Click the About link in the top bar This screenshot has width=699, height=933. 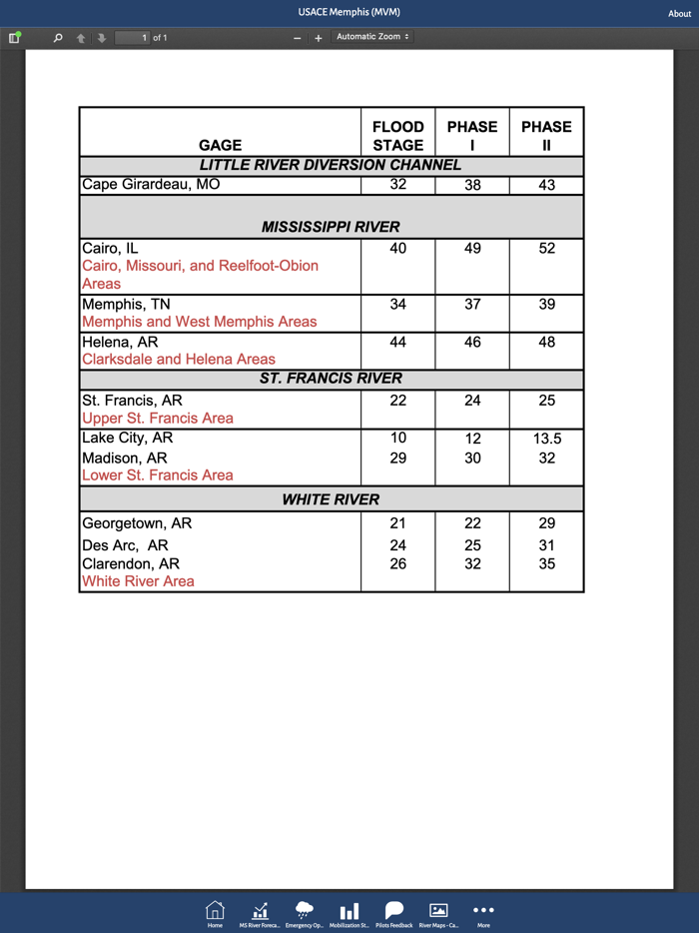coord(679,14)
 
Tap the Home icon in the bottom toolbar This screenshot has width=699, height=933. coord(215,911)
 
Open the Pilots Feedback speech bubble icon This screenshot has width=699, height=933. coord(393,911)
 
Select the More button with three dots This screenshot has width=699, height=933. coord(483,911)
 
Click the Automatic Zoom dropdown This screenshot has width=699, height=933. coord(372,37)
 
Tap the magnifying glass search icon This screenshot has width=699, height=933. coord(58,38)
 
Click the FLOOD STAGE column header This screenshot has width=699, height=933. coord(397,135)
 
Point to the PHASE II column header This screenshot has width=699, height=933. coord(546,135)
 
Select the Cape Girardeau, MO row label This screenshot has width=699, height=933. coord(151,185)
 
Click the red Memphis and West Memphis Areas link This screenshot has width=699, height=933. coord(199,322)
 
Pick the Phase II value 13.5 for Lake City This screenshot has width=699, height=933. coord(546,439)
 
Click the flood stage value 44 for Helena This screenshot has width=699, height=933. coord(397,342)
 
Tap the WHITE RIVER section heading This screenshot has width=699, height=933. coord(331,499)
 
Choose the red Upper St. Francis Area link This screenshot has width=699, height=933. coord(158,419)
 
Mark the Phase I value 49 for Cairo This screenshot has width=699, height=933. coord(472,249)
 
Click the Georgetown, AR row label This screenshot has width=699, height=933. coord(137,523)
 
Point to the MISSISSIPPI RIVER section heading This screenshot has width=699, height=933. coord(331,227)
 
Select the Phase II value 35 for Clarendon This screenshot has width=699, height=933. coord(546,564)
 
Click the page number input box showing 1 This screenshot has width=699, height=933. coord(133,38)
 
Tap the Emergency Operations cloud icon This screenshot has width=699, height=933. coord(304,911)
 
